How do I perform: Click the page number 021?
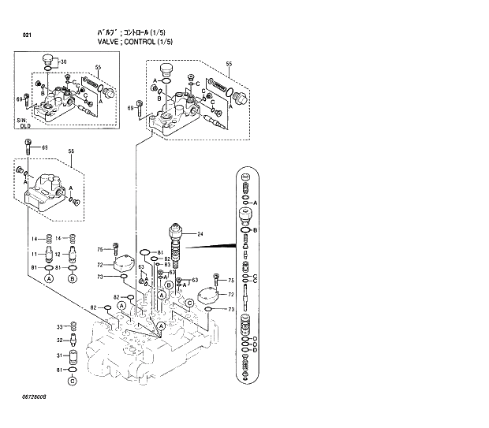27,35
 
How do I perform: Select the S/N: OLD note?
24,122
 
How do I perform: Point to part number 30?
64,61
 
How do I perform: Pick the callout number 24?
200,234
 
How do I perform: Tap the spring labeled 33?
73,327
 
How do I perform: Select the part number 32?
58,341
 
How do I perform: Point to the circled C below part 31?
72,382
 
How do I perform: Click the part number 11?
34,254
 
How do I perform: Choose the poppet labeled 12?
73,254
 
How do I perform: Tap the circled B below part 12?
73,279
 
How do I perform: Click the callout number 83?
168,264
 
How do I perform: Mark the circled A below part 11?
49,279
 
